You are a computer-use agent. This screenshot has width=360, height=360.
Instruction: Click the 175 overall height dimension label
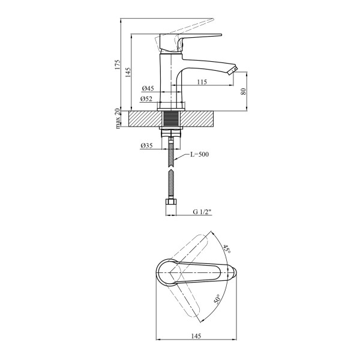(x=118, y=65)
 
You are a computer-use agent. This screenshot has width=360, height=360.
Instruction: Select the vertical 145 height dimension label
(x=128, y=73)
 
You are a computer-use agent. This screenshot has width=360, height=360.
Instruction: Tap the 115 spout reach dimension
(x=202, y=82)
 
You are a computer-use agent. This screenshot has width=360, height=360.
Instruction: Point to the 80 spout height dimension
(x=244, y=91)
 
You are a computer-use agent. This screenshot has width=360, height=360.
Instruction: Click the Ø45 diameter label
(x=148, y=88)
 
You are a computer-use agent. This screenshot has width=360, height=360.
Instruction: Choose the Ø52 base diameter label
(x=146, y=99)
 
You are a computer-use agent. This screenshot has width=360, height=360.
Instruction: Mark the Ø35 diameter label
(x=146, y=146)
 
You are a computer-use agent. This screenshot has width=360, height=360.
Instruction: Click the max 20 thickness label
(x=118, y=118)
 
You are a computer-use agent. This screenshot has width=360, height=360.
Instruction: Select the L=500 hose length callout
(x=199, y=154)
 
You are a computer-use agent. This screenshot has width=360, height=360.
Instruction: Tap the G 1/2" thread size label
(x=202, y=212)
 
